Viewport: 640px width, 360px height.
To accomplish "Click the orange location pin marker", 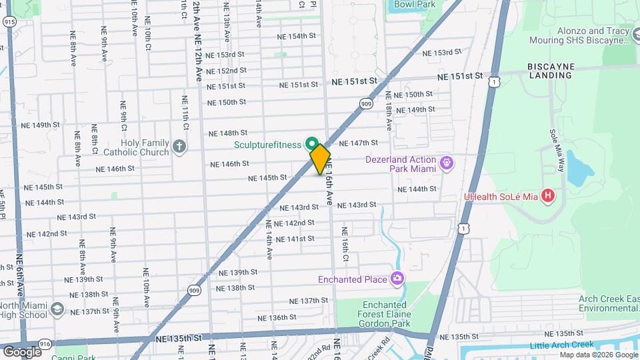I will tap(321, 159).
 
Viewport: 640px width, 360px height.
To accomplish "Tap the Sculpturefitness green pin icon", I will tap(311, 143).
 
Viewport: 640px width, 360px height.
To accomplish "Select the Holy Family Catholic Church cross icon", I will tap(179, 147).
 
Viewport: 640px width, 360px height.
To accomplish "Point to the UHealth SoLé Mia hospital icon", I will tap(548, 196).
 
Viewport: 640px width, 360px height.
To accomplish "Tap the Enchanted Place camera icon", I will tap(398, 279).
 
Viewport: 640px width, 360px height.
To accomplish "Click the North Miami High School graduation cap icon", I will tap(57, 309).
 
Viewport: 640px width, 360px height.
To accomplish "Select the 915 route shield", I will tap(9, 22).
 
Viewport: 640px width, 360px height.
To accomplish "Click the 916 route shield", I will tap(45, 343).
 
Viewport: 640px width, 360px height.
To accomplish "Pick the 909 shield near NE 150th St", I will tap(366, 103).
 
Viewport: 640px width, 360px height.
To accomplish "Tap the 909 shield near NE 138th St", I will tap(194, 290).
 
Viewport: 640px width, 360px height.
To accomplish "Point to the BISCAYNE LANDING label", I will tap(549, 71).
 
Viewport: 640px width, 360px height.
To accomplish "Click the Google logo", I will tap(21, 351).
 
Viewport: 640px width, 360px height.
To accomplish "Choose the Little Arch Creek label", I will tap(561, 345).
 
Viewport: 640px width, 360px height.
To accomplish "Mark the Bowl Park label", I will tap(414, 4).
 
